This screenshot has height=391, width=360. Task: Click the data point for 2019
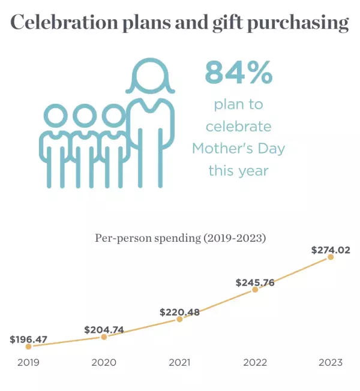pos(28,347)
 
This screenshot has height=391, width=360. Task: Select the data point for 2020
pos(104,337)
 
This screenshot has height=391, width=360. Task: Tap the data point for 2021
pos(179,320)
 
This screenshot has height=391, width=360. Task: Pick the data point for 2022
pos(255,289)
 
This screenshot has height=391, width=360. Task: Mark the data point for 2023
pos(331,257)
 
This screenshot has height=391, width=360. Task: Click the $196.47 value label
pos(28,339)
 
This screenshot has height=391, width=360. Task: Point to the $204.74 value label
pos(104,329)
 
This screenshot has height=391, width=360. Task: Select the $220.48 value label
pos(179,312)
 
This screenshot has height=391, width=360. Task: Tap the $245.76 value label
pos(255,282)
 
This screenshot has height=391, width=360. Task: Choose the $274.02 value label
pos(331,250)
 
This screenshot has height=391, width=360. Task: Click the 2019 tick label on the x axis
pos(28,362)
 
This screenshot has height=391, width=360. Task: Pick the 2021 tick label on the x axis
pos(179,362)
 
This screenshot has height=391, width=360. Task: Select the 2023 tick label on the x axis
pos(331,362)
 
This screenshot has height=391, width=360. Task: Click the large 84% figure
pos(239,73)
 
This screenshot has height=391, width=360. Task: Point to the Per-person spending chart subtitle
pos(180,238)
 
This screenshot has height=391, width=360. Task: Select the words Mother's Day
pos(238,149)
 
